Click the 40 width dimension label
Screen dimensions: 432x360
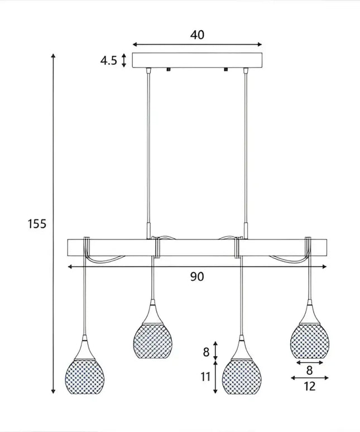[x=197, y=35]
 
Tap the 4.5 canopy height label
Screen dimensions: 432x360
[x=108, y=60]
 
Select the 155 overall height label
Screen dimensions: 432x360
[x=37, y=224]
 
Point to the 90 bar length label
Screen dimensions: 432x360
[x=197, y=277]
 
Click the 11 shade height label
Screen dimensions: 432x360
[x=206, y=376]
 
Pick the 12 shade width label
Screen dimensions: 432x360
[x=310, y=386]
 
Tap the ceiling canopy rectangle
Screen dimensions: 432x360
[x=197, y=60]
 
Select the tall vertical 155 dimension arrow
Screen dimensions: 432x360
[x=53, y=223]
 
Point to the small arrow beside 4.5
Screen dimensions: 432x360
[x=124, y=60]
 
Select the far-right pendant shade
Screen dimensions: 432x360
[x=310, y=338]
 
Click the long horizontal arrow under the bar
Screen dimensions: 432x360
[x=197, y=267]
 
